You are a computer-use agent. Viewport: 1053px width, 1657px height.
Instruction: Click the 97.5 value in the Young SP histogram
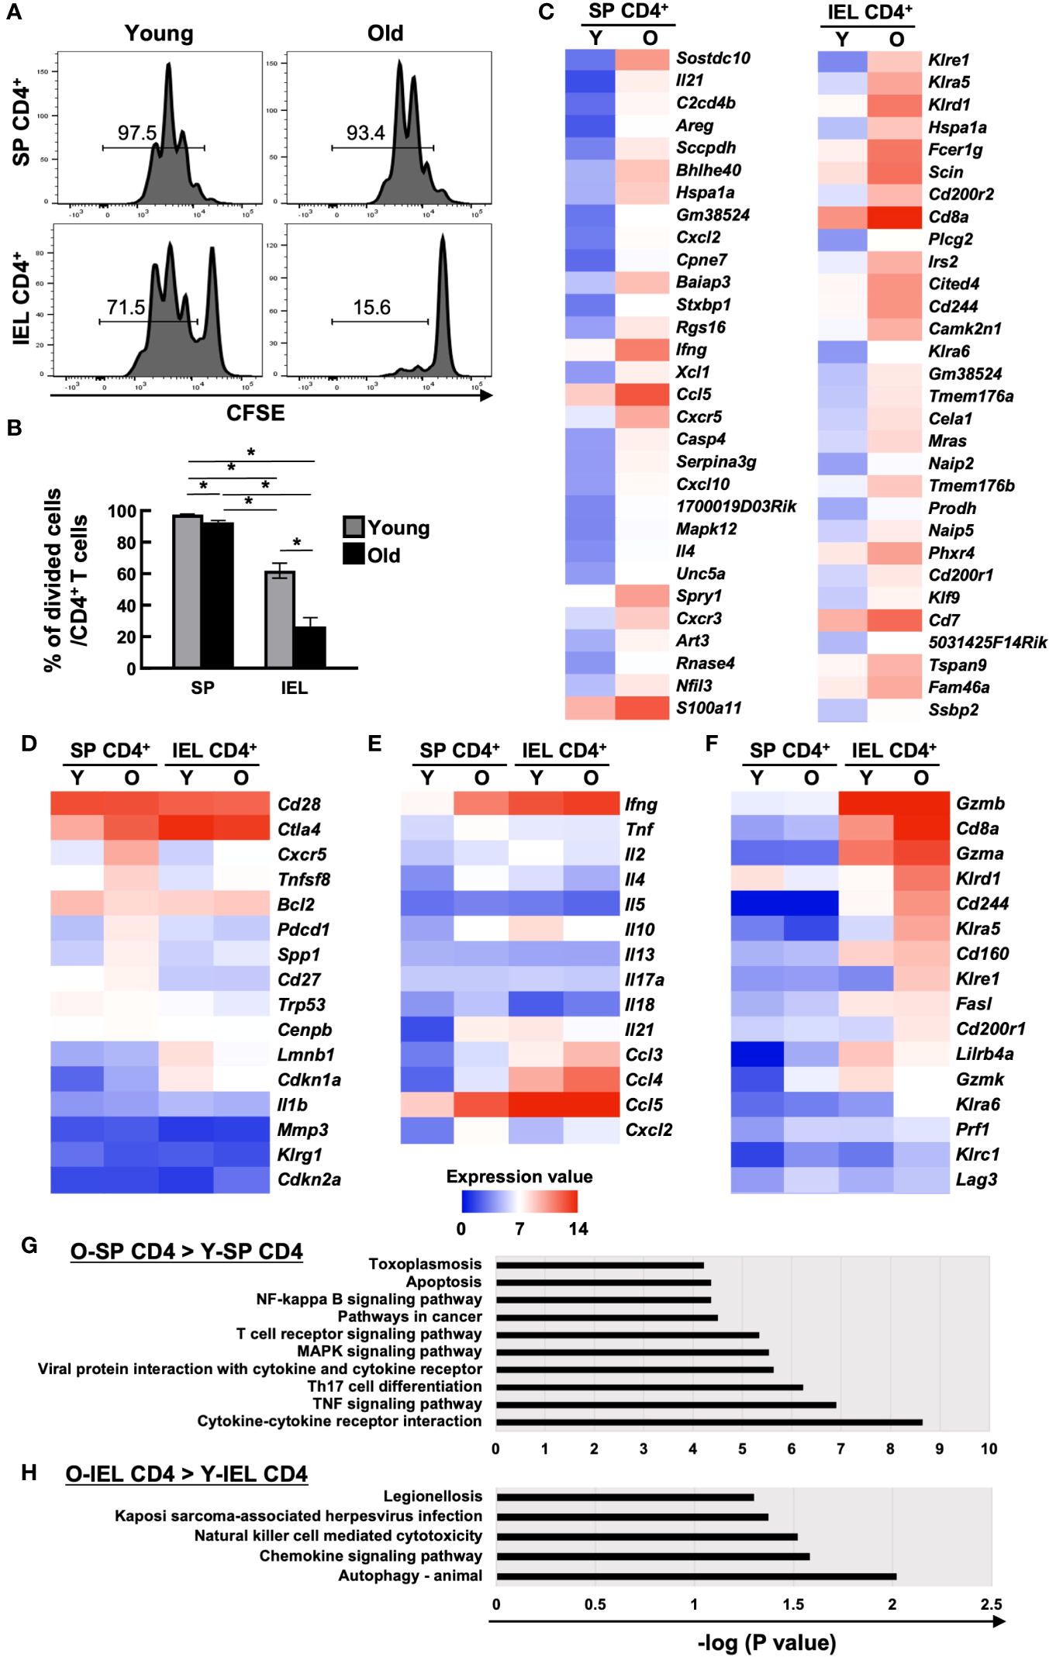pos(136,133)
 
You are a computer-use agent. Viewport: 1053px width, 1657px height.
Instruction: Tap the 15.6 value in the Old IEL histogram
pos(371,308)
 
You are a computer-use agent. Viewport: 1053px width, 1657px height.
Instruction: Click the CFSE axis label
pos(255,413)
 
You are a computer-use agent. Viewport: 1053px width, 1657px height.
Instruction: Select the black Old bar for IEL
pos(309,647)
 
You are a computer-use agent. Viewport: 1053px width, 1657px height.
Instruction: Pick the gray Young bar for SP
pos(187,591)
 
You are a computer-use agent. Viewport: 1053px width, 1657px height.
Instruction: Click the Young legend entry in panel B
pos(387,528)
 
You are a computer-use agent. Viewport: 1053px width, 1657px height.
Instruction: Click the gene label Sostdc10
pos(713,58)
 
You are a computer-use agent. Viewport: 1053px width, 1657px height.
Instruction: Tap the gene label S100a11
pos(708,708)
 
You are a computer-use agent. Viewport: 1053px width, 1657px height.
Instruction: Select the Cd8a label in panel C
pos(948,217)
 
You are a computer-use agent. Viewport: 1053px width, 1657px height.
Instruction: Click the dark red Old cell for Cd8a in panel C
pos(894,217)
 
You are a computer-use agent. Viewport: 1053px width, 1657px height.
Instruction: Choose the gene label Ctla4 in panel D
pos(299,830)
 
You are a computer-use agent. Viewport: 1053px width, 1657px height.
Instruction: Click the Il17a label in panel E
pos(644,980)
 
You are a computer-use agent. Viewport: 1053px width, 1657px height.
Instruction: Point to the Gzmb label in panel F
pos(980,804)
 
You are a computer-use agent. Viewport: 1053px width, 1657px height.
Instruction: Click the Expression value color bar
pos(519,1201)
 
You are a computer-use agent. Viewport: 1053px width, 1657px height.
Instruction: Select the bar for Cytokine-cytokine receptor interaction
pos(709,1422)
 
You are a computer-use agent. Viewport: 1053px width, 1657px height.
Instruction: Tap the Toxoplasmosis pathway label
pos(425,1265)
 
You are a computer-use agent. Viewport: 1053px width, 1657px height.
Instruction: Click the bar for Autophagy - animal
pos(696,1576)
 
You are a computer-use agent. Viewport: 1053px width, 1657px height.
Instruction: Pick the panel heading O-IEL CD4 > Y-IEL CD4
pos(186,1474)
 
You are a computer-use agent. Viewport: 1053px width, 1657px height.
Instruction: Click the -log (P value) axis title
pos(766,1643)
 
